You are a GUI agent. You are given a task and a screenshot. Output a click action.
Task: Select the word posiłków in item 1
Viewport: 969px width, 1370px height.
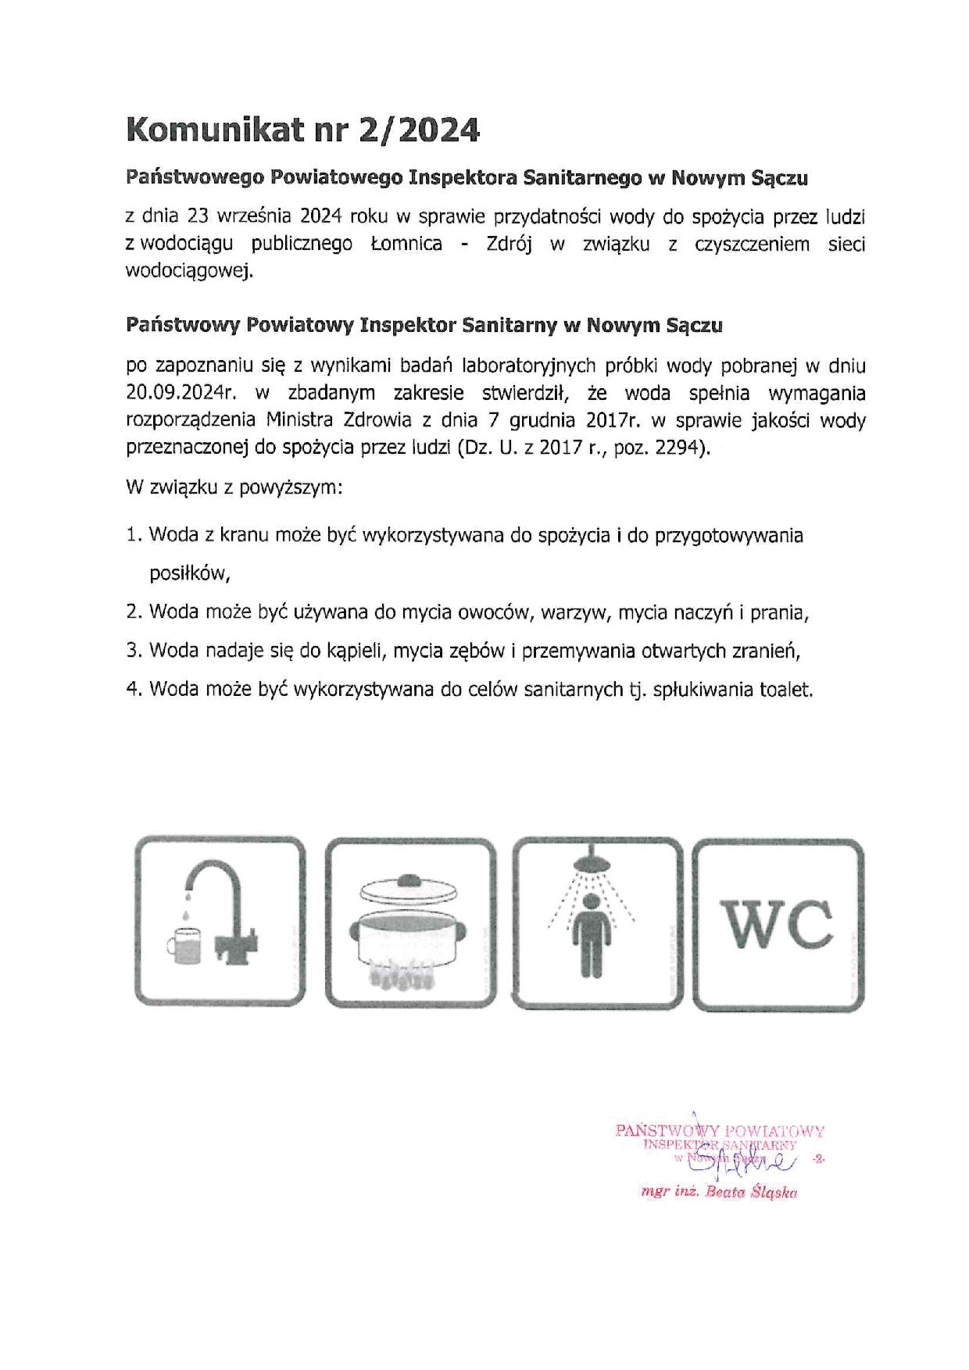189,574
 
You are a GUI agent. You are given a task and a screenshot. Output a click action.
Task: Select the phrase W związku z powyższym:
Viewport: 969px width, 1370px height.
234,489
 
